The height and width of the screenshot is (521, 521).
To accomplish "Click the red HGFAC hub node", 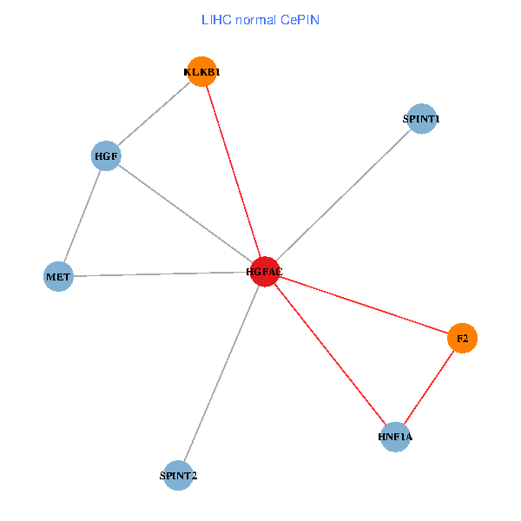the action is tap(265, 272).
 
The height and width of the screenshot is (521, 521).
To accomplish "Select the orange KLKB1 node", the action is tap(201, 72).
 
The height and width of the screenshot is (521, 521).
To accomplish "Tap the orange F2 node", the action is tap(462, 338).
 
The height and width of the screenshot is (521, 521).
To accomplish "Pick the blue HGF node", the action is tap(106, 156).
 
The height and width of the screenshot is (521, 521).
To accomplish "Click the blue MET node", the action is tap(58, 277).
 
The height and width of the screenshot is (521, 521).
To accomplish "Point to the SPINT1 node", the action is tap(421, 119).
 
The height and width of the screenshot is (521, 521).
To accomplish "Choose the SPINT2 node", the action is tap(178, 475).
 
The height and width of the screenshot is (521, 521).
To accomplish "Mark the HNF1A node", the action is tap(395, 436).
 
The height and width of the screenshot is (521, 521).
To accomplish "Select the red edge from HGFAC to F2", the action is tap(365, 305).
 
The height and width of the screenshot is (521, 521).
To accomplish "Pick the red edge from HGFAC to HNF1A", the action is tap(330, 354).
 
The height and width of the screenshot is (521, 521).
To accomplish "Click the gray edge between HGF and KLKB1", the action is tap(154, 114).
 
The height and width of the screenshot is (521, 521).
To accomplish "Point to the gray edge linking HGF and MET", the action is tap(82, 217).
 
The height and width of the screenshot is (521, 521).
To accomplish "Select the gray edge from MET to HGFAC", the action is tap(162, 274).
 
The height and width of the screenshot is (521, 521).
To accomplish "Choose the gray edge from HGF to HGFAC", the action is tap(185, 214).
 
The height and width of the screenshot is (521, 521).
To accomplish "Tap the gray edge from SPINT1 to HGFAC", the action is tap(343, 195).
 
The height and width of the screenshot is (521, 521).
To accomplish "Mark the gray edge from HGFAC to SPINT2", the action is tap(221, 373).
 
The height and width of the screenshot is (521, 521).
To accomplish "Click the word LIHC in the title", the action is tap(216, 19).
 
